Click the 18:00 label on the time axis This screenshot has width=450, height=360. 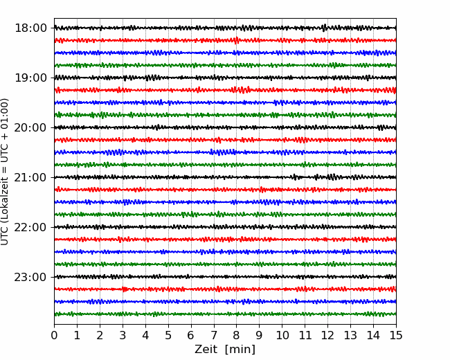point(30,28)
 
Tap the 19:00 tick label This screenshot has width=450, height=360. point(30,78)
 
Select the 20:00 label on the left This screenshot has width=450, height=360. point(30,127)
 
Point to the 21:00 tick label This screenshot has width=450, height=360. point(30,177)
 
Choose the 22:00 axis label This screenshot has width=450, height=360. point(30,227)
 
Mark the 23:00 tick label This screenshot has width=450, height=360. point(30,277)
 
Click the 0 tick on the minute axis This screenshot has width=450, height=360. point(54,335)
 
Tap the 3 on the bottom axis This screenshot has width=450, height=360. point(123,335)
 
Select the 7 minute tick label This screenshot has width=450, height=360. point(214,335)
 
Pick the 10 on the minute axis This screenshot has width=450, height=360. point(282,335)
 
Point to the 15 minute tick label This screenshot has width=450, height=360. point(396,335)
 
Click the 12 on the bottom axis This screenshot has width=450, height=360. point(327,335)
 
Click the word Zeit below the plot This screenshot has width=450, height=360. point(206,350)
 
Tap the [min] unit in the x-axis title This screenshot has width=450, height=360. point(240,350)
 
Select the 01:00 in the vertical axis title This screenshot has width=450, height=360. point(4,110)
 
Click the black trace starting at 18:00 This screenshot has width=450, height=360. point(225,28)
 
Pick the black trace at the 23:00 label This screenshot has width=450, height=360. point(225,277)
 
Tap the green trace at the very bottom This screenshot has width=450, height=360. point(225,314)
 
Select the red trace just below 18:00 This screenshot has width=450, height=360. point(225,40)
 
